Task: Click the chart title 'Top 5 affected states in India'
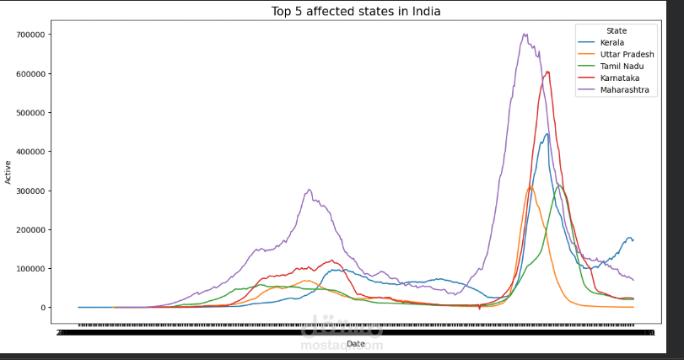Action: [355, 12]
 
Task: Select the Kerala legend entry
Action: [613, 41]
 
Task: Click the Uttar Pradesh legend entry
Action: [627, 54]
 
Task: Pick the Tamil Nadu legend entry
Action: [621, 66]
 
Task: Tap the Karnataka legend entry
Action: [619, 78]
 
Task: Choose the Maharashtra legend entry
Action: [624, 90]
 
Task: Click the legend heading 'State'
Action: [617, 30]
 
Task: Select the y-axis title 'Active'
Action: [8, 174]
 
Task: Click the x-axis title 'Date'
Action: [355, 344]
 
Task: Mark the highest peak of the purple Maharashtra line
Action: [525, 35]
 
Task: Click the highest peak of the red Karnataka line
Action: [548, 72]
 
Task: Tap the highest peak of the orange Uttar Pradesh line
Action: [531, 187]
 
